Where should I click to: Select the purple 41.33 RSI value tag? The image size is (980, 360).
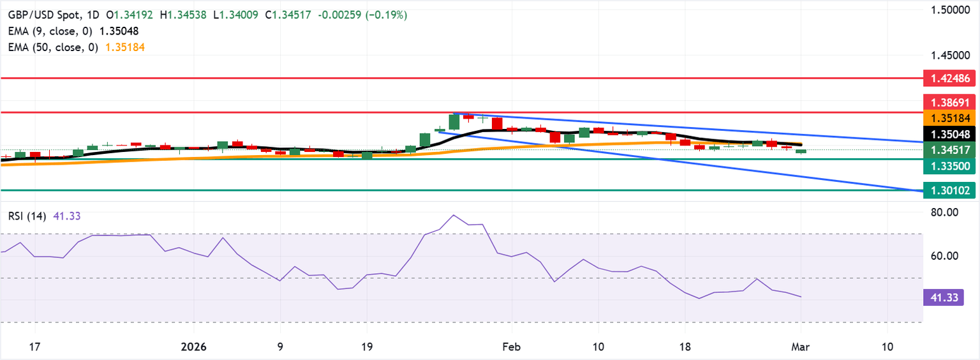click(942, 297)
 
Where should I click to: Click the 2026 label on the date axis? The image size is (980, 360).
click(193, 347)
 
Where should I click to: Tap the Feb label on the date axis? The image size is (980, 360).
click(511, 347)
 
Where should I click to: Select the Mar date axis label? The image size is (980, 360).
click(800, 347)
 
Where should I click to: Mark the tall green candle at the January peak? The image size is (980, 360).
click(454, 121)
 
